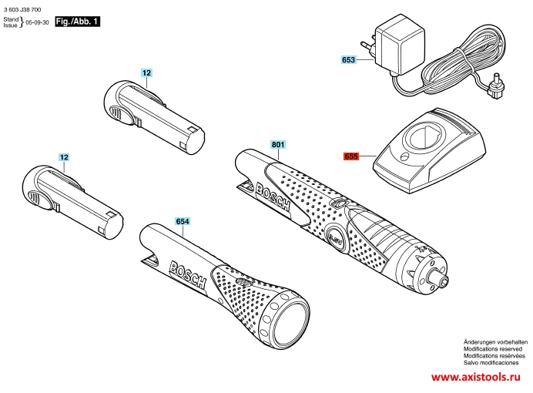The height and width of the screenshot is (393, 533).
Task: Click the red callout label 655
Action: pos(351,156)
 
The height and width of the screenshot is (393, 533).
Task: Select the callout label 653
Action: pos(348,60)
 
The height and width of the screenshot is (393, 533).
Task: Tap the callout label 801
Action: pos(278,145)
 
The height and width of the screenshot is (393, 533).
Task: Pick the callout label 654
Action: pos(183,221)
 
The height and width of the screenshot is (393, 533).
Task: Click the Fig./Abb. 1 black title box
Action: pos(78,22)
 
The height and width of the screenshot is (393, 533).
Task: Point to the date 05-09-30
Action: pos(38,22)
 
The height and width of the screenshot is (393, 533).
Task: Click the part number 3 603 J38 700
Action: pos(22,9)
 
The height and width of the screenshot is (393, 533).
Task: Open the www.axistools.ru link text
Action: pos(476,377)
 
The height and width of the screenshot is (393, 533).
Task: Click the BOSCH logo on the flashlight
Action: pos(188,275)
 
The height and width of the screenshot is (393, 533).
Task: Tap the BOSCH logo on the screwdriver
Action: pos(273,197)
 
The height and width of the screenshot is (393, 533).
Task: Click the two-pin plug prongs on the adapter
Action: pos(368,47)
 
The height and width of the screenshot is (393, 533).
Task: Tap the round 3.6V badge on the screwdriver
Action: pos(336,240)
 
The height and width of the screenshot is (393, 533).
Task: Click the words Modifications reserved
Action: pos(493,349)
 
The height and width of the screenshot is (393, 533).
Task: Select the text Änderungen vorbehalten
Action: pos(495,342)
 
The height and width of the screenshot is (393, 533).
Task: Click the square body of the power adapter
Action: pos(400,46)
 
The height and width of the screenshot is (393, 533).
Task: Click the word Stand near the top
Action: pos(11,19)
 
